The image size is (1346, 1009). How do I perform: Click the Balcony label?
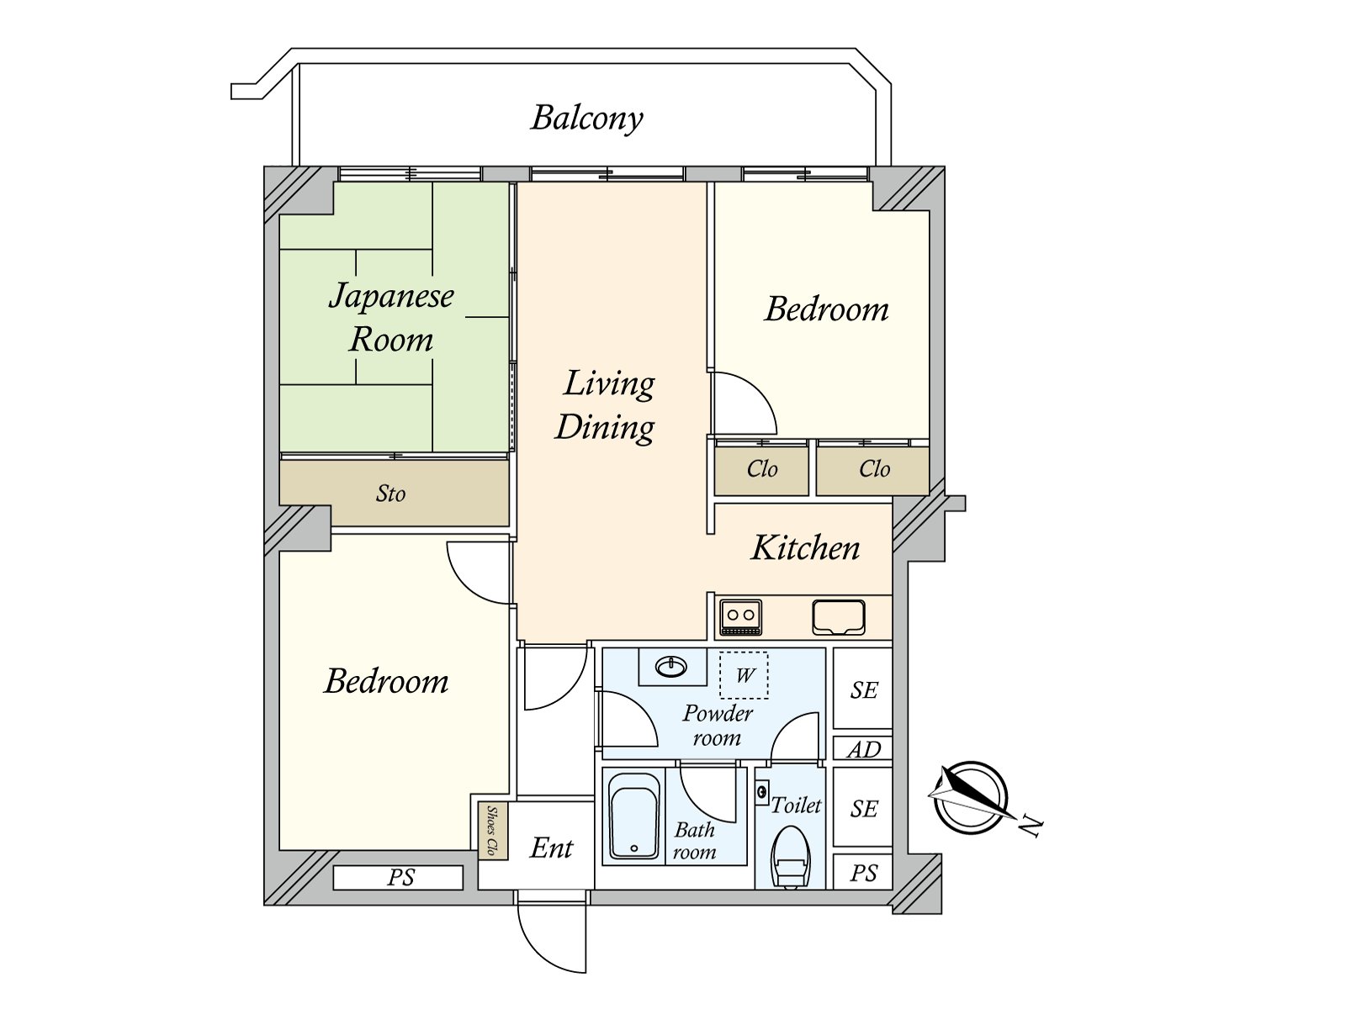coord(587,119)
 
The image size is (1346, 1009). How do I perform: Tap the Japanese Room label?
coord(391,317)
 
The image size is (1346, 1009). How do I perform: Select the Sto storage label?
coord(390,494)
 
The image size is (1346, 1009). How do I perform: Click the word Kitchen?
coord(805,547)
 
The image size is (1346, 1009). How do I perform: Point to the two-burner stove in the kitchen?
coord(741,617)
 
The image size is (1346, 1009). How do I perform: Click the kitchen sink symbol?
coord(838,617)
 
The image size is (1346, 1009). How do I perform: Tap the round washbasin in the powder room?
coord(670,666)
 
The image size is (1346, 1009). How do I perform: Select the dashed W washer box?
coord(744,675)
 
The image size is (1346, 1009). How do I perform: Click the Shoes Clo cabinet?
coord(493,831)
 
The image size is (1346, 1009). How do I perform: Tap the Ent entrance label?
coord(551,848)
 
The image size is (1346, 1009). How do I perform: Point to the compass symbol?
coord(970,797)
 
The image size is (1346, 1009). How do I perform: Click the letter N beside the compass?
coord(1031,827)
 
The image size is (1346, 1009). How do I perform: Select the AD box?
coord(863,748)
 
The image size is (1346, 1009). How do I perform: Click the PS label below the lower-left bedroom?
coord(401,877)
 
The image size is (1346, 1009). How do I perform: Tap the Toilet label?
coord(795,805)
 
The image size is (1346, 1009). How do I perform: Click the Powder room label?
coord(718,726)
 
